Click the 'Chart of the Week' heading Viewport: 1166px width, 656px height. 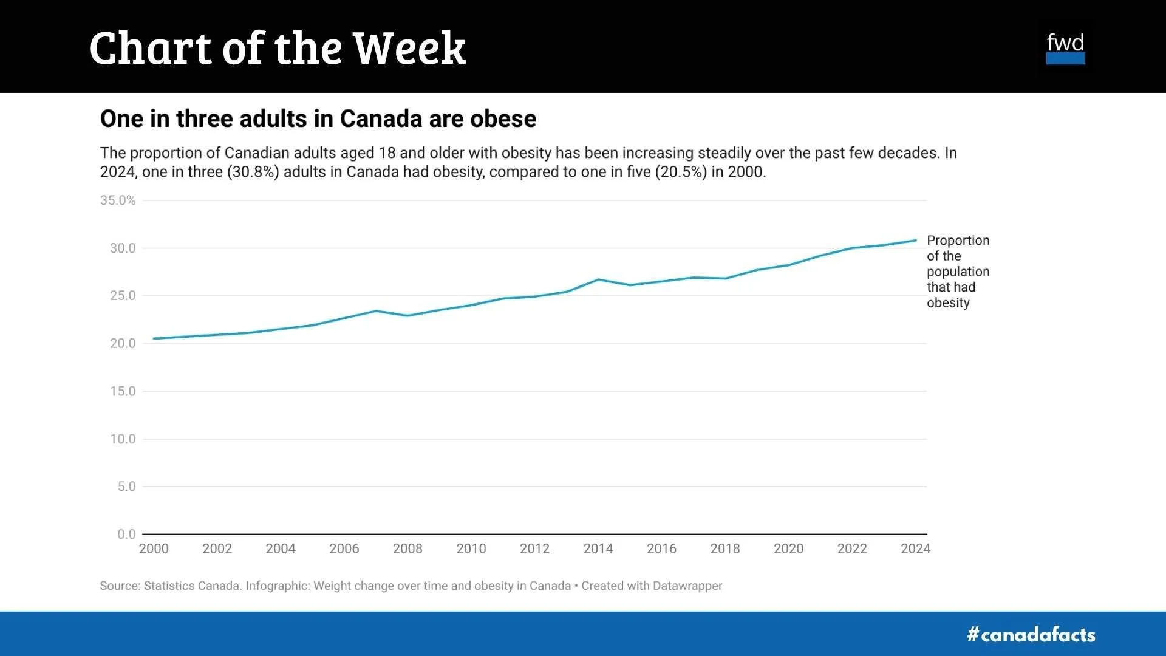pos(277,47)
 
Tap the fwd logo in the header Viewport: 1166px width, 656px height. pos(1065,49)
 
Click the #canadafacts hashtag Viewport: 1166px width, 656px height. pos(1031,635)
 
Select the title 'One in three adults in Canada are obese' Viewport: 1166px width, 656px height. pos(318,118)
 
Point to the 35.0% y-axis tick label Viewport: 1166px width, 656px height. pos(118,200)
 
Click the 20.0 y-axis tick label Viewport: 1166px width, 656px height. pos(122,343)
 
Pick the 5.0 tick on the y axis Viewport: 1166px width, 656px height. pos(126,487)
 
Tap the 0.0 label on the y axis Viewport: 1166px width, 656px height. pos(126,534)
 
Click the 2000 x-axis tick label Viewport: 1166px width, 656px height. pos(154,548)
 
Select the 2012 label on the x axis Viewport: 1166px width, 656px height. pos(534,548)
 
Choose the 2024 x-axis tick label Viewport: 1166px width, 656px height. pos(915,548)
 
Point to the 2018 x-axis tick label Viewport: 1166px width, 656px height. pos(725,548)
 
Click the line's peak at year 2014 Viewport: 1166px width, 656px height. pos(598,279)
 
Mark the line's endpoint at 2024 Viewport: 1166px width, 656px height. pos(916,241)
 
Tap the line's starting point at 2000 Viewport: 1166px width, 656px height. pos(154,338)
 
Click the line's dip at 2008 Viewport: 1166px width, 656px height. pos(407,316)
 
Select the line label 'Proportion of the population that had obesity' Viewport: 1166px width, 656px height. pos(958,272)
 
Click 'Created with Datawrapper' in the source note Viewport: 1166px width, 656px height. pos(652,586)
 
